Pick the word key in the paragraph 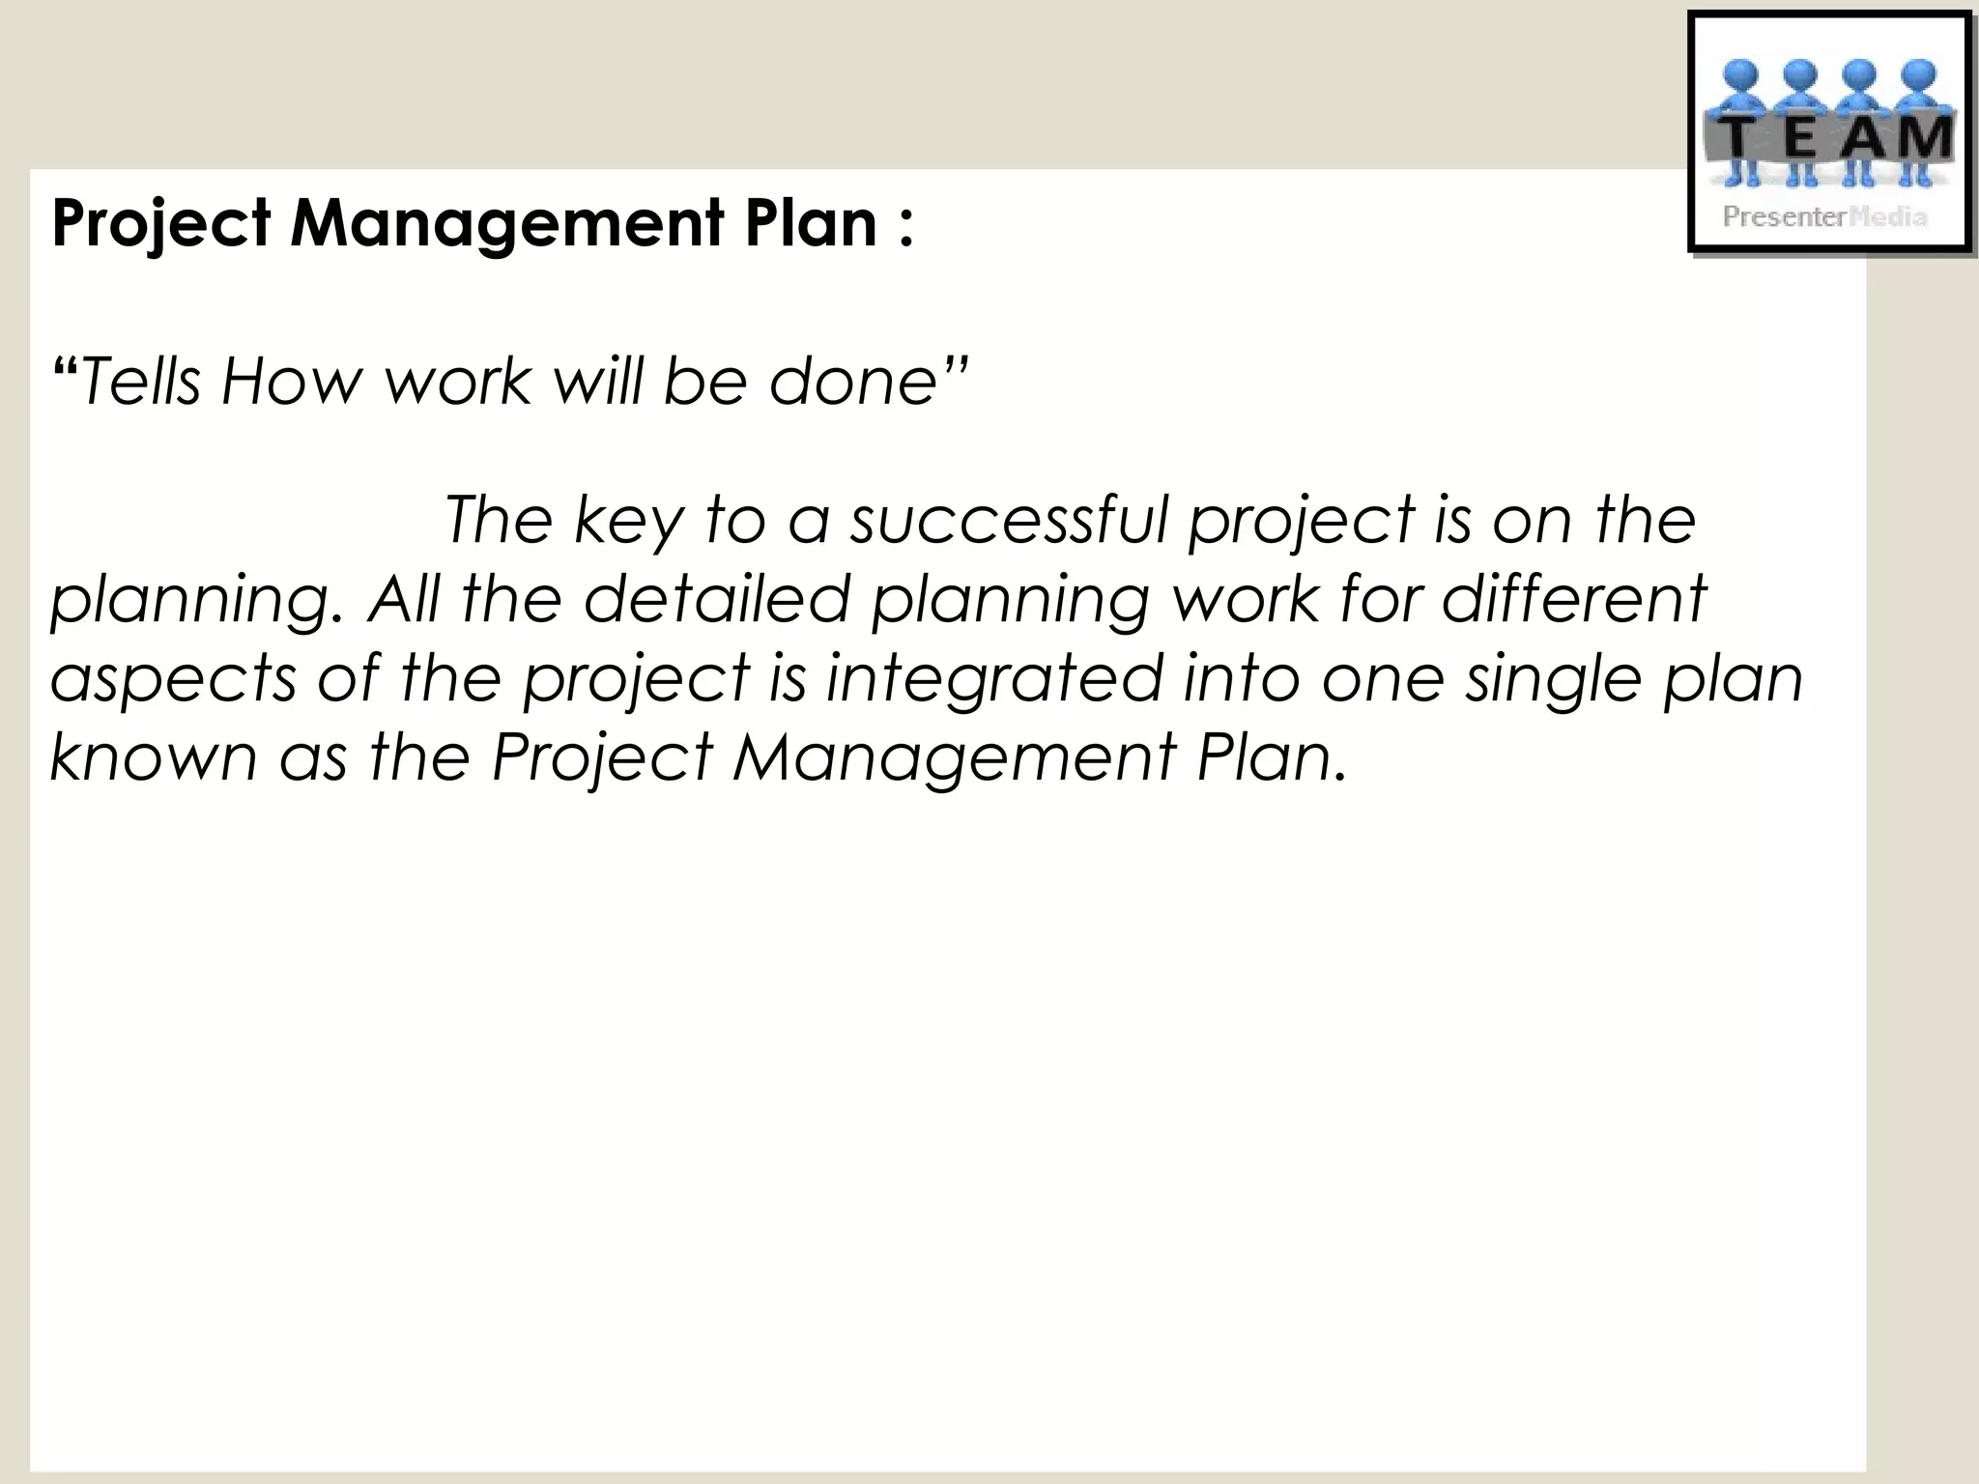[628, 522]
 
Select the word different [1574, 598]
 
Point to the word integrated [994, 678]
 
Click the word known [153, 756]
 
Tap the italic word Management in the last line [953, 756]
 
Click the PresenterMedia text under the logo [1824, 216]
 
